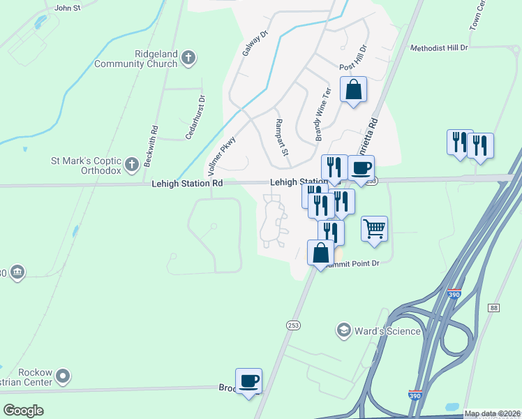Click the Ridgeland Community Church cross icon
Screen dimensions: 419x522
click(188, 58)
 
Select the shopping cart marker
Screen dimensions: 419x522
click(375, 228)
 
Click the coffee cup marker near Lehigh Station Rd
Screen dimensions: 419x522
click(361, 168)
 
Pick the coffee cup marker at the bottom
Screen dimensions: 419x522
click(248, 381)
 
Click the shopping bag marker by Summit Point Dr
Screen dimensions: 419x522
click(320, 253)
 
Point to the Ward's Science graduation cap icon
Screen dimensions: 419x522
click(343, 330)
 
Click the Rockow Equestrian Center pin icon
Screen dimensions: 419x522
click(63, 376)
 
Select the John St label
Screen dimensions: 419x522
click(68, 8)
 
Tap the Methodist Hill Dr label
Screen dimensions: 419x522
click(438, 47)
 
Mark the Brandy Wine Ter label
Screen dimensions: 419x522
click(322, 115)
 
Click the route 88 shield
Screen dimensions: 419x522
click(494, 308)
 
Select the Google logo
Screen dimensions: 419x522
click(23, 411)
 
